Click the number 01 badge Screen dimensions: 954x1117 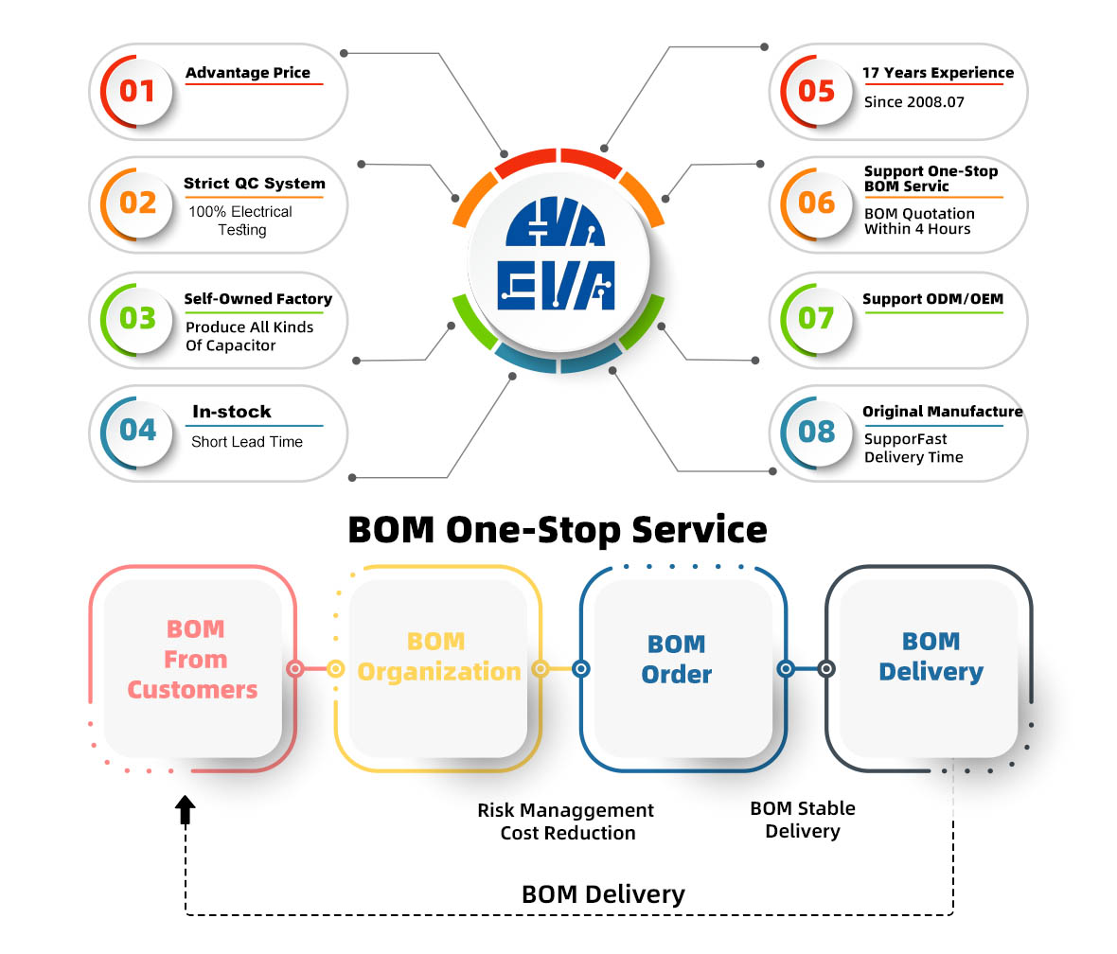click(x=137, y=91)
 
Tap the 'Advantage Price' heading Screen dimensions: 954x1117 click(x=248, y=73)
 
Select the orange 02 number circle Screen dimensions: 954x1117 click(x=138, y=203)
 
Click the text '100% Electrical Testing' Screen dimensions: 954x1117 click(x=240, y=221)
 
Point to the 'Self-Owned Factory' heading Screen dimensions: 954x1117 click(x=258, y=299)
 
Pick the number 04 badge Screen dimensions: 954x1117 click(x=138, y=430)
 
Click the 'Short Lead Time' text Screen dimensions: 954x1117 click(x=247, y=442)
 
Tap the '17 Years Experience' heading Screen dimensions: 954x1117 click(x=937, y=73)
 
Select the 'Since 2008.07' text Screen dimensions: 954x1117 click(x=913, y=101)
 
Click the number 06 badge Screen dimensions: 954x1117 click(x=816, y=203)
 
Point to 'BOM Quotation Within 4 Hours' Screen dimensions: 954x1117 click(x=918, y=221)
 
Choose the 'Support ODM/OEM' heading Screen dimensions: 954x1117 click(x=932, y=299)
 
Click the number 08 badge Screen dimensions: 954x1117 click(x=816, y=432)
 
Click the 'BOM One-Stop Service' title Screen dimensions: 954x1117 click(x=558, y=529)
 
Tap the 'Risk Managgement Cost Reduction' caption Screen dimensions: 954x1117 click(x=566, y=821)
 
